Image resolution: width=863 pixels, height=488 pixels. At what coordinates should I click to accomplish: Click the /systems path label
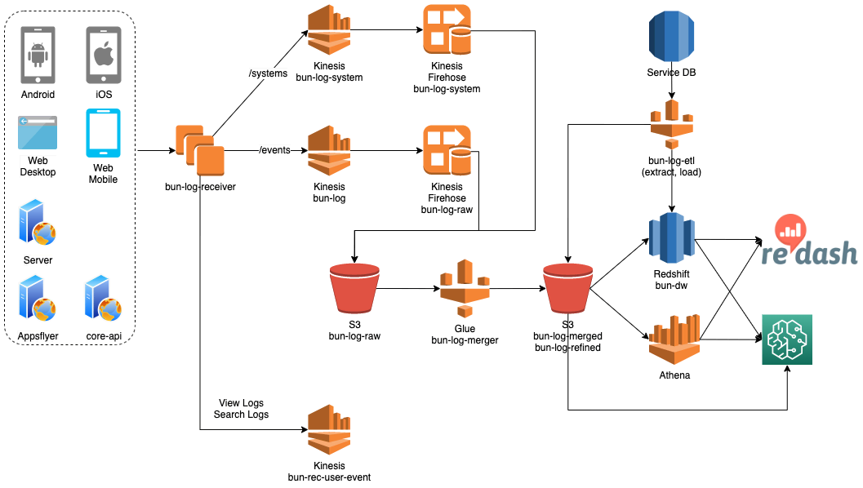268,73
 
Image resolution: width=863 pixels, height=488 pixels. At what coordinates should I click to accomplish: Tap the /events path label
274,150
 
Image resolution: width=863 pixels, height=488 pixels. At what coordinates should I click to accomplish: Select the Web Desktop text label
38,166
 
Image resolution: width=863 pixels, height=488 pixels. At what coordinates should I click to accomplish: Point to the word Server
38,260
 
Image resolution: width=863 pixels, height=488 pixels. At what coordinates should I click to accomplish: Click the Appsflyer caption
38,336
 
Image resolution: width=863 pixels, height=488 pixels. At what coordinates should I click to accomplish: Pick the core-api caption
104,336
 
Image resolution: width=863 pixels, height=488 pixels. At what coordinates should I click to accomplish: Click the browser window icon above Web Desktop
38,135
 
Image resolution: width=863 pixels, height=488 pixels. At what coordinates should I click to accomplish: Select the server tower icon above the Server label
37,222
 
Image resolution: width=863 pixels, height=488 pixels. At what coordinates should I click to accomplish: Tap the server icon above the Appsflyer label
37,299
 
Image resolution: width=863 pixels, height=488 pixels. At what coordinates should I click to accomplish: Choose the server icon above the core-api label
103,299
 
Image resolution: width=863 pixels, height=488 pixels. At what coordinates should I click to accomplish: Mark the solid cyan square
110,136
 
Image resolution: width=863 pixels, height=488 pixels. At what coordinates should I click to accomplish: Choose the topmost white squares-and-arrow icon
447,33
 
